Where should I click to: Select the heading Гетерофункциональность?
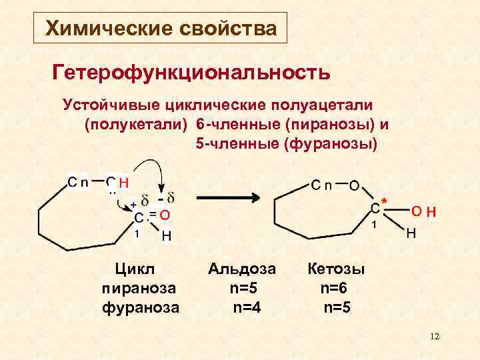(x=191, y=71)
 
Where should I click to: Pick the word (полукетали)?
(x=137, y=124)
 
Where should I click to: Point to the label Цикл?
(x=135, y=269)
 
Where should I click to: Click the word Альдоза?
(x=241, y=269)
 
